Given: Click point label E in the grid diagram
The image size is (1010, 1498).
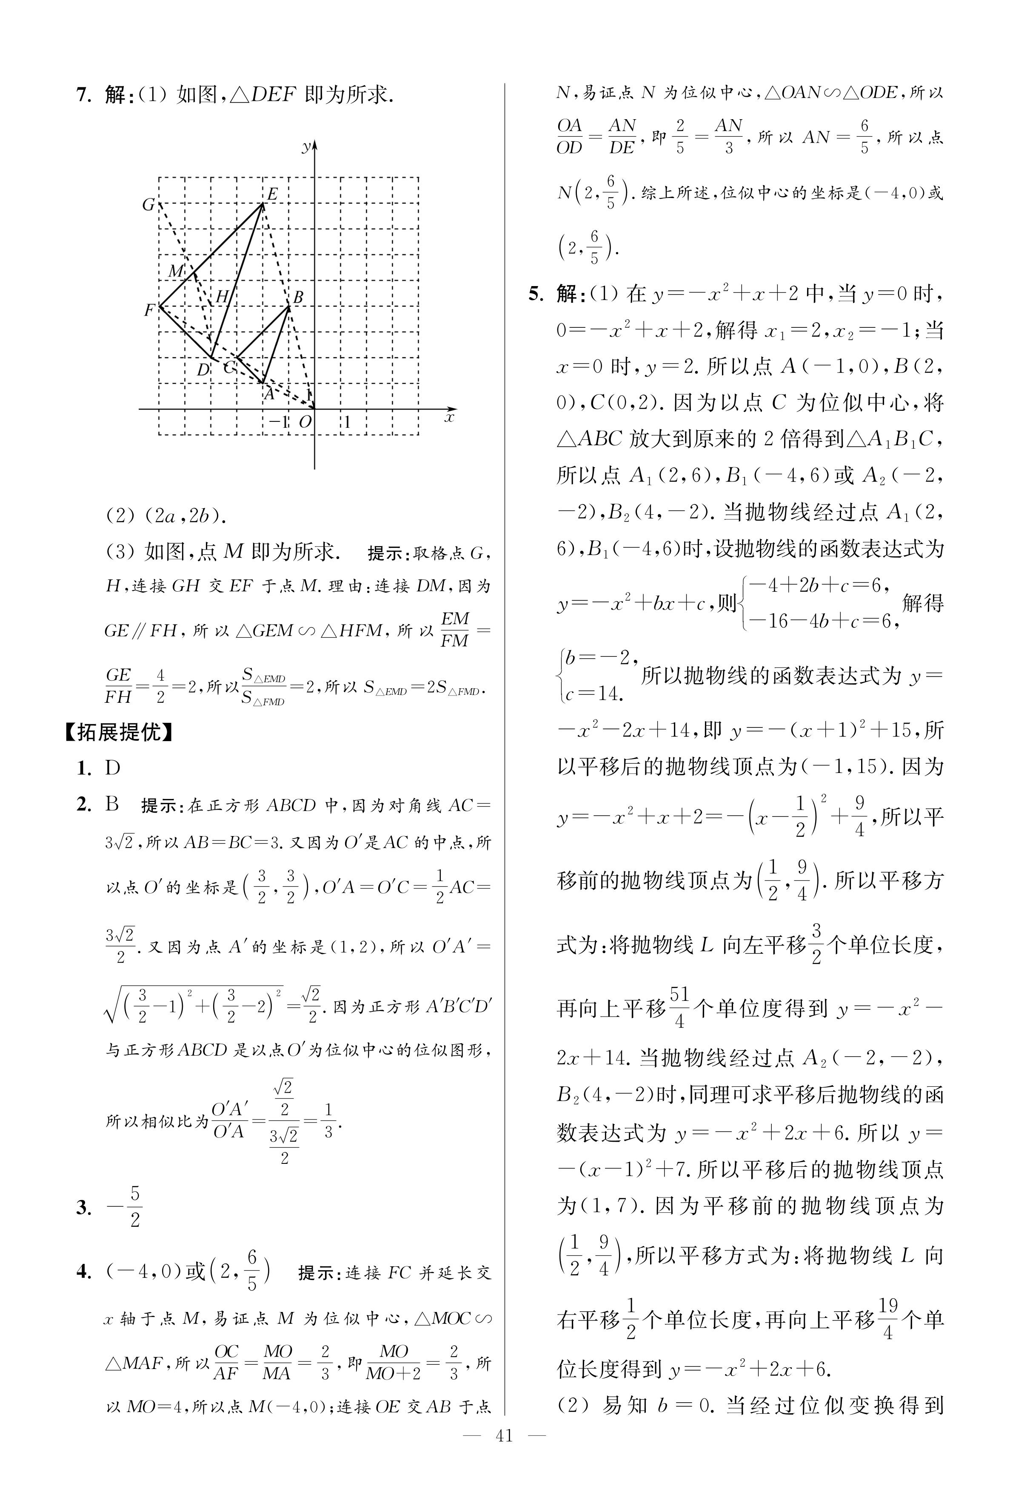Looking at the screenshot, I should [x=272, y=194].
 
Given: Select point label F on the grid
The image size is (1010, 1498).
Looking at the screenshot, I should [x=149, y=310].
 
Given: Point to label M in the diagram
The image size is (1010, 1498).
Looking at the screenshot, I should [x=176, y=271].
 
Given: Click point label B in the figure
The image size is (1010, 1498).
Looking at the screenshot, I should [x=298, y=298].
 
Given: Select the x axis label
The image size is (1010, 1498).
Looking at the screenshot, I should [x=450, y=418].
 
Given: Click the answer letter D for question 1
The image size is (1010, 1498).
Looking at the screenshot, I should [x=113, y=768].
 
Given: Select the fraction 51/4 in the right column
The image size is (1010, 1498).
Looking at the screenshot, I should [x=679, y=1007].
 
